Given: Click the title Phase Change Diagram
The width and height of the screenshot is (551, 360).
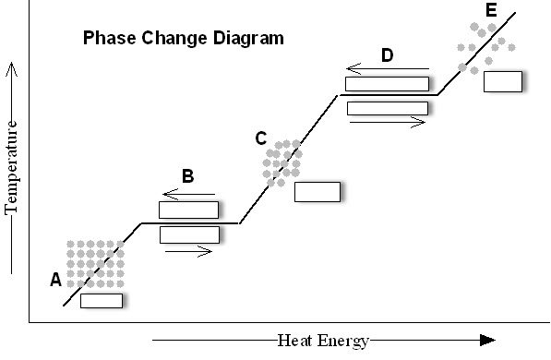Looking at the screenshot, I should pyautogui.click(x=184, y=39).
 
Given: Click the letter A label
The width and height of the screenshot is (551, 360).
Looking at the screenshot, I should pyautogui.click(x=55, y=279).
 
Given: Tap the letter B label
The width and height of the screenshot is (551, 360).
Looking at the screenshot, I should pyautogui.click(x=187, y=176).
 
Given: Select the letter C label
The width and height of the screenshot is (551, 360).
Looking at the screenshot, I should pyautogui.click(x=261, y=138).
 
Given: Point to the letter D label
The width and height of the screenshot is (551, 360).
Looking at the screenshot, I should pyautogui.click(x=387, y=55).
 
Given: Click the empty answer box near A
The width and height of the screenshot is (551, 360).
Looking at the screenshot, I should pyautogui.click(x=102, y=300).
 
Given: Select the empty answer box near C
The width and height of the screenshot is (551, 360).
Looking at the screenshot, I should pyautogui.click(x=317, y=192).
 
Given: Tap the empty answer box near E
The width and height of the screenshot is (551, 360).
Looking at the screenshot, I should pyautogui.click(x=502, y=81).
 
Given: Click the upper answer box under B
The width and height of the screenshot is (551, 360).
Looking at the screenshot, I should pyautogui.click(x=188, y=210).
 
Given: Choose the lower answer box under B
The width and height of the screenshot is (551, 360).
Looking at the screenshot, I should pyautogui.click(x=188, y=234).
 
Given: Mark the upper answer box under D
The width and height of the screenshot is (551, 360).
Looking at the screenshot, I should pyautogui.click(x=387, y=84).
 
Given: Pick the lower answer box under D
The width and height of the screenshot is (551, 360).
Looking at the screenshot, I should pyautogui.click(x=387, y=108).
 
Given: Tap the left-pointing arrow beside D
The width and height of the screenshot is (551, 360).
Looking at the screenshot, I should pyautogui.click(x=388, y=69).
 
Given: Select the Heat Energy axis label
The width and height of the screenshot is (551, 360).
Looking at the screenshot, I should pyautogui.click(x=323, y=340).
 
